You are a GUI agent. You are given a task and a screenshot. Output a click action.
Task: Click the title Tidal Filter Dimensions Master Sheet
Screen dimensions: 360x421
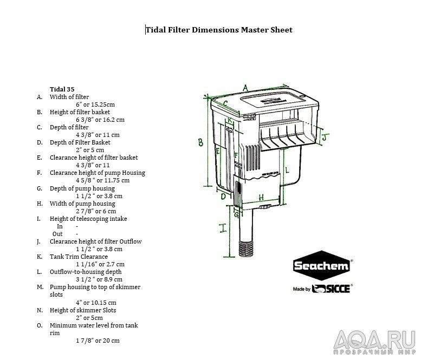[219, 30]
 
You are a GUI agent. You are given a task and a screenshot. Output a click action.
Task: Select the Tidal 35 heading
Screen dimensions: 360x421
[62, 89]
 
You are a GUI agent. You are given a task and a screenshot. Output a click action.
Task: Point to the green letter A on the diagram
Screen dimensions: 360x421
[245, 88]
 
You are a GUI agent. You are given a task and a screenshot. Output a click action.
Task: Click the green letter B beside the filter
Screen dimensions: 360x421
[200, 142]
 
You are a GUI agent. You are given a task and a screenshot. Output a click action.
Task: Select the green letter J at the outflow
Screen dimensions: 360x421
[324, 138]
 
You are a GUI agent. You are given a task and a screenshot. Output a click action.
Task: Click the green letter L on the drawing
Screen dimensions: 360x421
[287, 170]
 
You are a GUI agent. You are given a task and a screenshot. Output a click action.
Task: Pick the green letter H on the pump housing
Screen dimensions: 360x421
[261, 197]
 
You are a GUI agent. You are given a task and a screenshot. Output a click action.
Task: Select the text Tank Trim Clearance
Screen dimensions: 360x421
[79, 257]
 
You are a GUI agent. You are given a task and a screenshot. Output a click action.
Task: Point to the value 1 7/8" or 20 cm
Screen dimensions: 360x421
[98, 341]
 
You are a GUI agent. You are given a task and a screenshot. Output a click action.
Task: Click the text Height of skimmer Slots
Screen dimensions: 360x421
[83, 310]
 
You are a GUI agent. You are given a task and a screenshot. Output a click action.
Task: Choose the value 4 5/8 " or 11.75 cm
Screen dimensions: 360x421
[102, 180]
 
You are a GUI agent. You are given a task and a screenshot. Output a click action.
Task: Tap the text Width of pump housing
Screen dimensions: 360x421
[83, 204]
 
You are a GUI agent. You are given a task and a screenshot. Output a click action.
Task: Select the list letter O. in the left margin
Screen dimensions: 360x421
[40, 325]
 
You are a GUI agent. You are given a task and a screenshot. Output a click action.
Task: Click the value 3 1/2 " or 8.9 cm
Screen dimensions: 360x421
[99, 279]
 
